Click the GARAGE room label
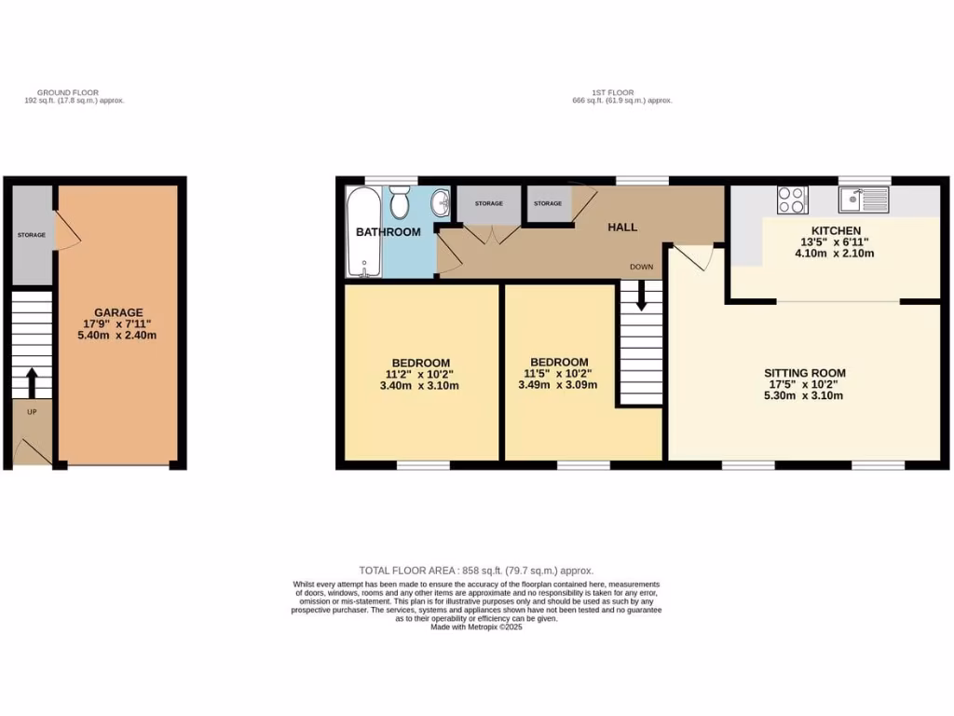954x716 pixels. (117, 312)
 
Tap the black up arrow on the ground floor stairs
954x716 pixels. (32, 381)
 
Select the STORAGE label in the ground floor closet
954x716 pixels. (31, 235)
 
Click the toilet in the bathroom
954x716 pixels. (400, 202)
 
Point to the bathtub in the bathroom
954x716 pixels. (362, 231)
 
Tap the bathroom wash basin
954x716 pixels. (442, 202)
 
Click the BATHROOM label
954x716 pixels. (388, 232)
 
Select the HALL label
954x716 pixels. (622, 227)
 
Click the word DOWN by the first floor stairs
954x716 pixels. (641, 267)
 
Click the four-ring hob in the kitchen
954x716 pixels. (792, 200)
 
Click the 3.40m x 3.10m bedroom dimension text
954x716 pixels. (420, 385)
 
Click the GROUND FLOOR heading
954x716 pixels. (68, 93)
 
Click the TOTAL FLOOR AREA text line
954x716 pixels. (476, 571)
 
